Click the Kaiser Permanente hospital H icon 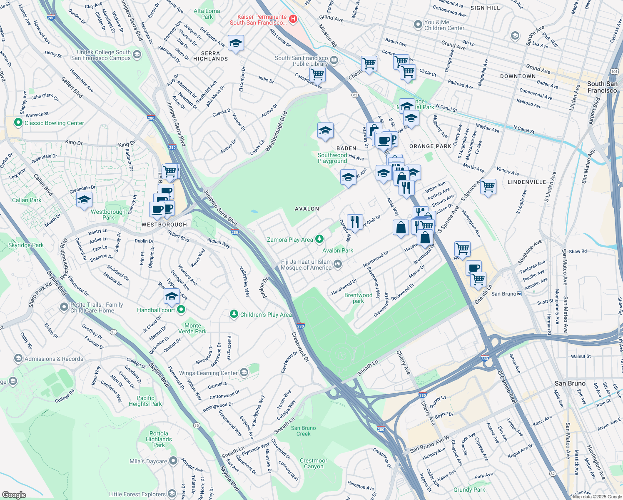pyautogui.click(x=293, y=19)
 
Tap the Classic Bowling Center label pyautogui.click(x=54, y=123)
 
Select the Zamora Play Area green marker pyautogui.click(x=319, y=239)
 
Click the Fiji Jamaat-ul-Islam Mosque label pyautogui.click(x=306, y=265)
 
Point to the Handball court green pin pyautogui.click(x=181, y=310)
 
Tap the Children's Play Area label pyautogui.click(x=266, y=315)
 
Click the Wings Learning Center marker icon pyautogui.click(x=244, y=372)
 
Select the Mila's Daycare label pyautogui.click(x=148, y=461)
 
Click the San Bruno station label pyautogui.click(x=503, y=294)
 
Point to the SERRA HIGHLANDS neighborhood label pyautogui.click(x=210, y=56)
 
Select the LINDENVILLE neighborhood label pyautogui.click(x=527, y=182)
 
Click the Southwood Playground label pyautogui.click(x=332, y=158)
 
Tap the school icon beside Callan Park pyautogui.click(x=85, y=200)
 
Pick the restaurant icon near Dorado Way pyautogui.click(x=354, y=221)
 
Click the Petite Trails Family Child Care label pyautogui.click(x=97, y=307)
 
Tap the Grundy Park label pyautogui.click(x=469, y=490)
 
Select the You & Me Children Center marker pyautogui.click(x=418, y=25)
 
